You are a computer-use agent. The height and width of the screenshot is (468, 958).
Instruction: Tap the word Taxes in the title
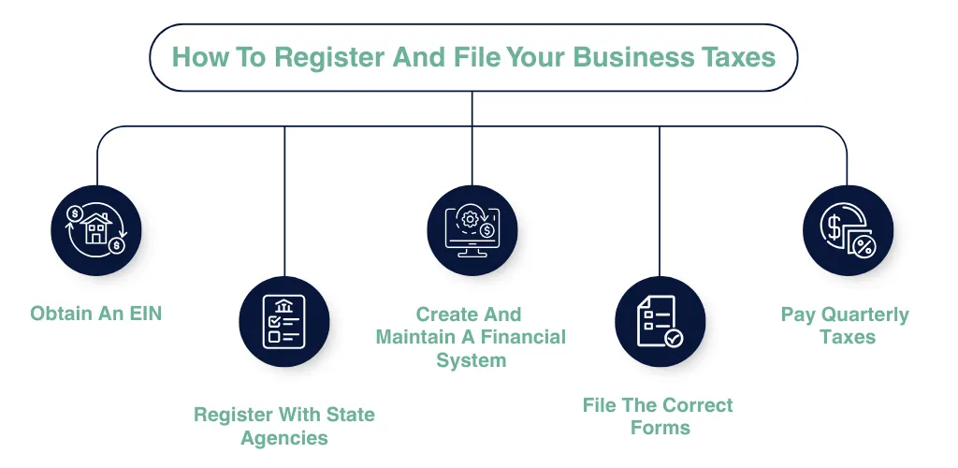pos(738,57)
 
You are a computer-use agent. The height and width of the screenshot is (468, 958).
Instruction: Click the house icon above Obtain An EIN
pos(96,230)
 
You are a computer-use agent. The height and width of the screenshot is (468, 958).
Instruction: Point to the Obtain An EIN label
pos(95,314)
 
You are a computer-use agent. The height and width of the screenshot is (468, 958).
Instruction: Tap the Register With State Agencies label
pos(283,426)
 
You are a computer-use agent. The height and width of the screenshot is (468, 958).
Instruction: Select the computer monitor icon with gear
pos(472,230)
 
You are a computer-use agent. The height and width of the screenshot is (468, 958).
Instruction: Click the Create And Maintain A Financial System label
pos(471,337)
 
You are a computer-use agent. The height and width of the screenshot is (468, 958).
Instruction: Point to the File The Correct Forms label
pos(658,417)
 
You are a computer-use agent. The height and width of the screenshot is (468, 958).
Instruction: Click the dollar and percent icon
pos(848,230)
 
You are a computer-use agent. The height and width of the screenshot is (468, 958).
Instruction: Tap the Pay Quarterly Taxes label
pos(845,326)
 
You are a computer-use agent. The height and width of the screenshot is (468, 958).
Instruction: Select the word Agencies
pos(284,438)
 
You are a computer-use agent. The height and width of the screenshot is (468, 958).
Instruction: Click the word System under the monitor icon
pos(471,360)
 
